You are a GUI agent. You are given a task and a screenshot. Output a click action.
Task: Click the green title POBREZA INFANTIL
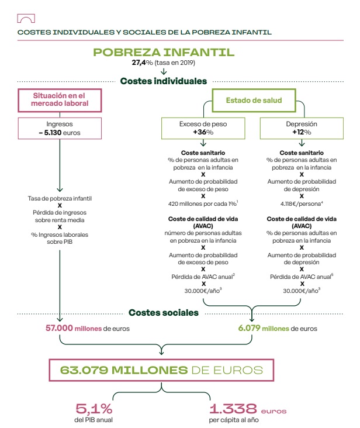tap(164, 52)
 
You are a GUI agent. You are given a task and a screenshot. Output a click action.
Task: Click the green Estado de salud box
tap(254, 101)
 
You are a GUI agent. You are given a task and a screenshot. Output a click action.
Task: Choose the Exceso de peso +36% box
tap(203, 129)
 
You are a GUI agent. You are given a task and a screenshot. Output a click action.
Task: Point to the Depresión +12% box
tap(302, 129)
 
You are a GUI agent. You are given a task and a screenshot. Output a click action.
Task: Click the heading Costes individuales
tap(163, 81)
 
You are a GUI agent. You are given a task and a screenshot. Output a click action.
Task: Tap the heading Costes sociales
tap(163, 313)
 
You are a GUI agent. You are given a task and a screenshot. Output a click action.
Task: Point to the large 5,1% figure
tap(94, 409)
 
